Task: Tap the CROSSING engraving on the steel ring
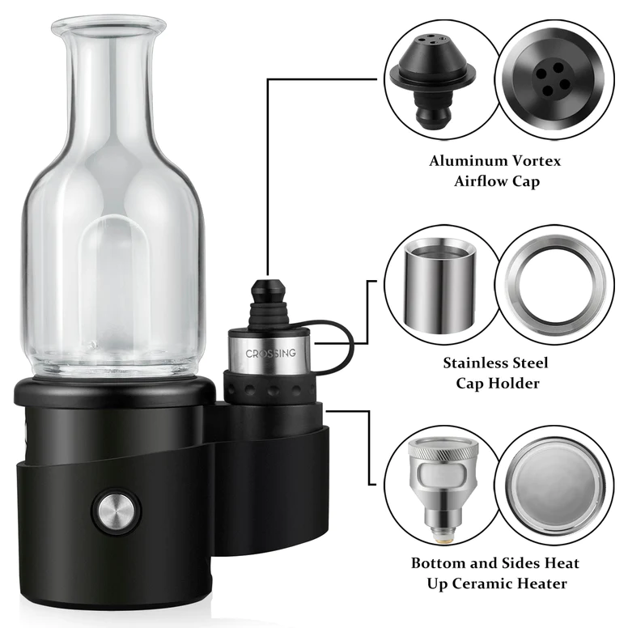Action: [x=271, y=353]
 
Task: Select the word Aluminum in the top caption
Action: [x=468, y=160]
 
